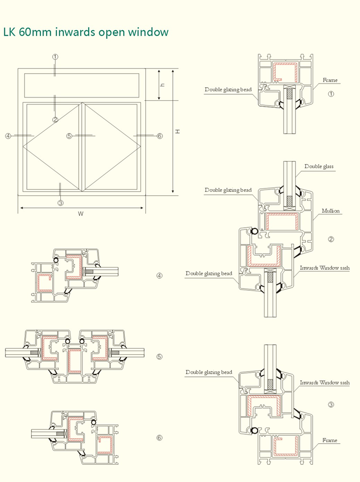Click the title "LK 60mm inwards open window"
point(86,32)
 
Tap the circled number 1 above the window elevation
point(55,57)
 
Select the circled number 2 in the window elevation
point(55,119)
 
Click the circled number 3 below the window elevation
point(60,202)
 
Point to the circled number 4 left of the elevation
point(8,136)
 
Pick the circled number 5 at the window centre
point(69,136)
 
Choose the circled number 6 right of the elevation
point(159,136)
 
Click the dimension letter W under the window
point(81,214)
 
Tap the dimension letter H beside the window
point(177,131)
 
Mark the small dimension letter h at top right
point(163,85)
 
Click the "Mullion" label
point(330,211)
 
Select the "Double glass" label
point(319,166)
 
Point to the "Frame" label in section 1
point(330,80)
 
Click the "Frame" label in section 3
point(330,440)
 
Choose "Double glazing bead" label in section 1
point(228,90)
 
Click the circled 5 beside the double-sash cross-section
point(159,357)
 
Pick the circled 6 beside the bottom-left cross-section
point(159,437)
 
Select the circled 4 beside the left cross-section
point(159,276)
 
